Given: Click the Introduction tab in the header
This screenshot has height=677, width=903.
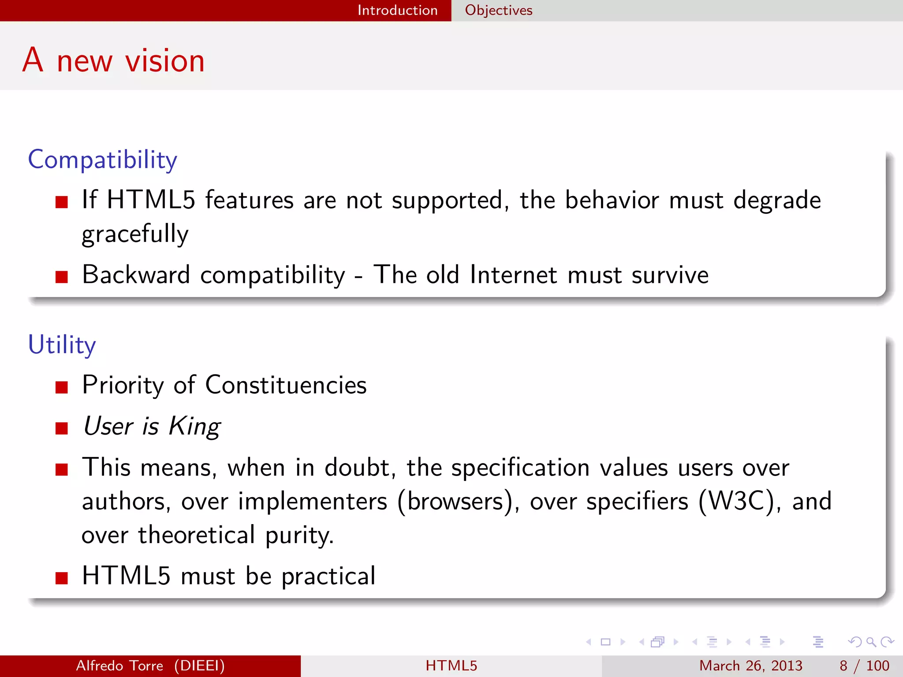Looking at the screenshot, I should point(397,10).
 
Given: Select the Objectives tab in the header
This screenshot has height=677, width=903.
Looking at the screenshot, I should point(499,10).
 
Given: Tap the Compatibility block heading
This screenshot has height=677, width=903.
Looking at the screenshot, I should point(102,160).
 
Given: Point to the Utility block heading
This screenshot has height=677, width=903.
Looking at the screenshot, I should point(62,345).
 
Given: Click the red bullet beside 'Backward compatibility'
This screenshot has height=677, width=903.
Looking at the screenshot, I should point(62,277).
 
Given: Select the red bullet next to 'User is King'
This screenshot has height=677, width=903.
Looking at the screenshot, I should point(62,428).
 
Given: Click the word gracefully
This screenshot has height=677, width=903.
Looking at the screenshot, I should point(135,234).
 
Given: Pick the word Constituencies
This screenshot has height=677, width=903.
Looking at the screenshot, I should point(286,385).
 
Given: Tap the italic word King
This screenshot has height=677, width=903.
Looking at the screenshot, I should point(194,427).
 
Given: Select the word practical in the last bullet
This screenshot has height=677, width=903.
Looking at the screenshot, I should point(328,576).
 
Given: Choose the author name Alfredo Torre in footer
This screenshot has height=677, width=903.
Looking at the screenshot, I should point(119,666).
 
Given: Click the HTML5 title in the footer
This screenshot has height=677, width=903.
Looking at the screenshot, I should point(451,666).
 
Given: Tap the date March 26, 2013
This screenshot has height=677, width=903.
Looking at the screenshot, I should point(750,666).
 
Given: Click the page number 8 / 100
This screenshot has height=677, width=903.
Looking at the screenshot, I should point(864,666).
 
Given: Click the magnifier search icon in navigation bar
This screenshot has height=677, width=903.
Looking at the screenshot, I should point(871,642).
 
